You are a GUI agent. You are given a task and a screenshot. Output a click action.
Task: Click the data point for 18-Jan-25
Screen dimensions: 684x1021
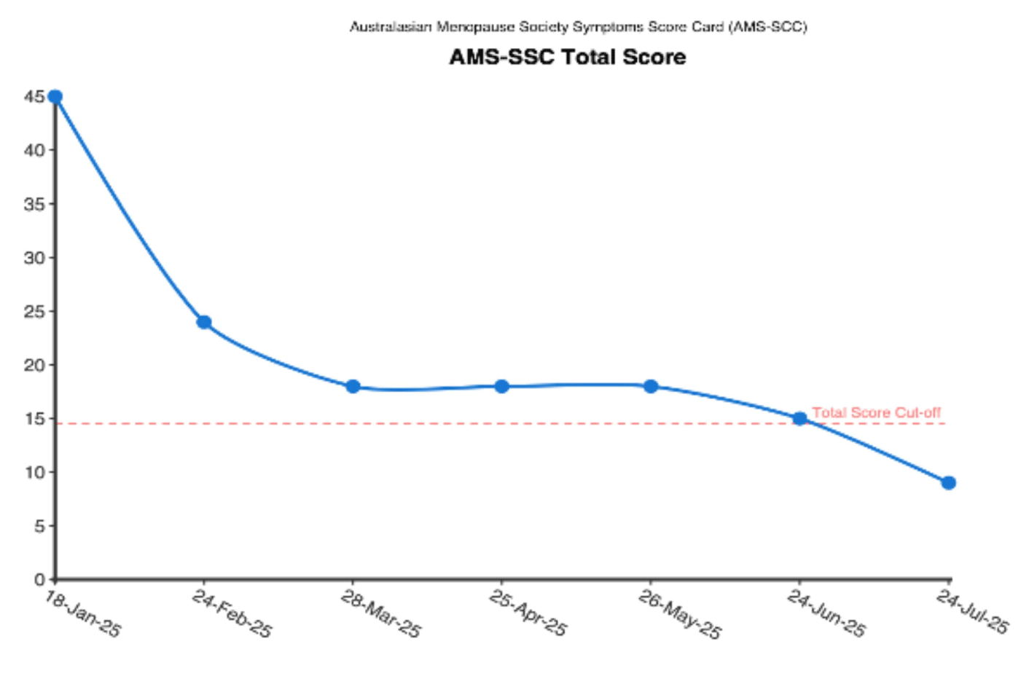[x=55, y=97]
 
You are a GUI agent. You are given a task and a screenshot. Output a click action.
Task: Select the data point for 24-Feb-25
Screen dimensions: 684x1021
[x=204, y=322]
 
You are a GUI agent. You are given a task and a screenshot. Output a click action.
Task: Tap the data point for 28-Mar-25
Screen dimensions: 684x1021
[x=353, y=387]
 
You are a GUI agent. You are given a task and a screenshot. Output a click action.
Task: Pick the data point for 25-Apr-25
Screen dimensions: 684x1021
[x=501, y=386]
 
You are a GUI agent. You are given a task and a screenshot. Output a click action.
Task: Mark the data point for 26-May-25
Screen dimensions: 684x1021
[x=651, y=386]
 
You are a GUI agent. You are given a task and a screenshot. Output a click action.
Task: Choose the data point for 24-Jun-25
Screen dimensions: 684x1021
[x=799, y=419]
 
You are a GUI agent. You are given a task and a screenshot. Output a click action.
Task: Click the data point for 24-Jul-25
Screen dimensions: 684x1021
[x=948, y=483]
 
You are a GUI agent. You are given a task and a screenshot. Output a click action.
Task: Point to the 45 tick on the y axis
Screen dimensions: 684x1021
[x=34, y=96]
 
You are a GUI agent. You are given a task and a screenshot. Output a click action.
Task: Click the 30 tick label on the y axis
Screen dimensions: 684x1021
[x=34, y=257]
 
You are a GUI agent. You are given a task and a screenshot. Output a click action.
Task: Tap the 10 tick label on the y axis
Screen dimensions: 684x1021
[x=34, y=472]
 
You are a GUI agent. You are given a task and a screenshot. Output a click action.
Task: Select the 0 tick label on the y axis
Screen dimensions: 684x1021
[x=39, y=580]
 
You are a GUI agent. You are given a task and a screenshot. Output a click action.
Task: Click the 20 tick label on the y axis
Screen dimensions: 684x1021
[x=34, y=365]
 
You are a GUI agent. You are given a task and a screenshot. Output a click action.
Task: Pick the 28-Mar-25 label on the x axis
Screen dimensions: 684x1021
[x=380, y=614]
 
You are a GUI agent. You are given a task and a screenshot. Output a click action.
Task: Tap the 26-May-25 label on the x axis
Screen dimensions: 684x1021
[x=679, y=614]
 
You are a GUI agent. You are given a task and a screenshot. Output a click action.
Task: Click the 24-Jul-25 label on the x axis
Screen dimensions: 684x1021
[x=972, y=612]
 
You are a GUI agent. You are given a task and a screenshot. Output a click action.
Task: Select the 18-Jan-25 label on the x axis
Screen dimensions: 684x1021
[x=82, y=614]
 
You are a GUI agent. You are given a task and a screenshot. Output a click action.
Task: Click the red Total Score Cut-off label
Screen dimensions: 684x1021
[x=876, y=412]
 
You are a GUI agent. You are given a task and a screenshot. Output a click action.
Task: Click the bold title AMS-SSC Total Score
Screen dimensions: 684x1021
[x=567, y=57]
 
